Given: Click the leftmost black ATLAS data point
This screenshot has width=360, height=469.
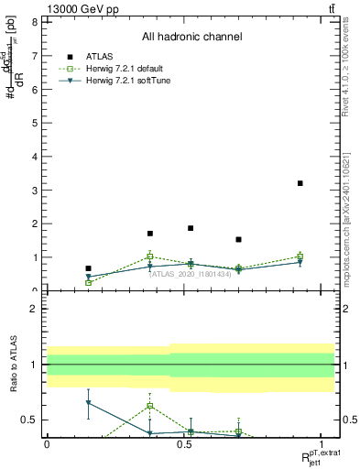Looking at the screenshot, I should coord(88,268).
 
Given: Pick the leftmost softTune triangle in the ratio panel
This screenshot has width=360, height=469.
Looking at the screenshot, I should coord(88,403).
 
